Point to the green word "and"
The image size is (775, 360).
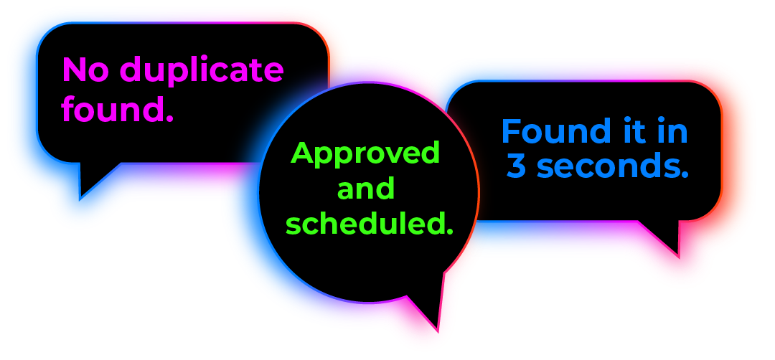[366, 189]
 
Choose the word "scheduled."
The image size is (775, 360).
[370, 224]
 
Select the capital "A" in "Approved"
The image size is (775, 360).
[303, 153]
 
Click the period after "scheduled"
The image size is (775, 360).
[450, 232]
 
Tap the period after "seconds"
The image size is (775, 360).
[685, 174]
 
